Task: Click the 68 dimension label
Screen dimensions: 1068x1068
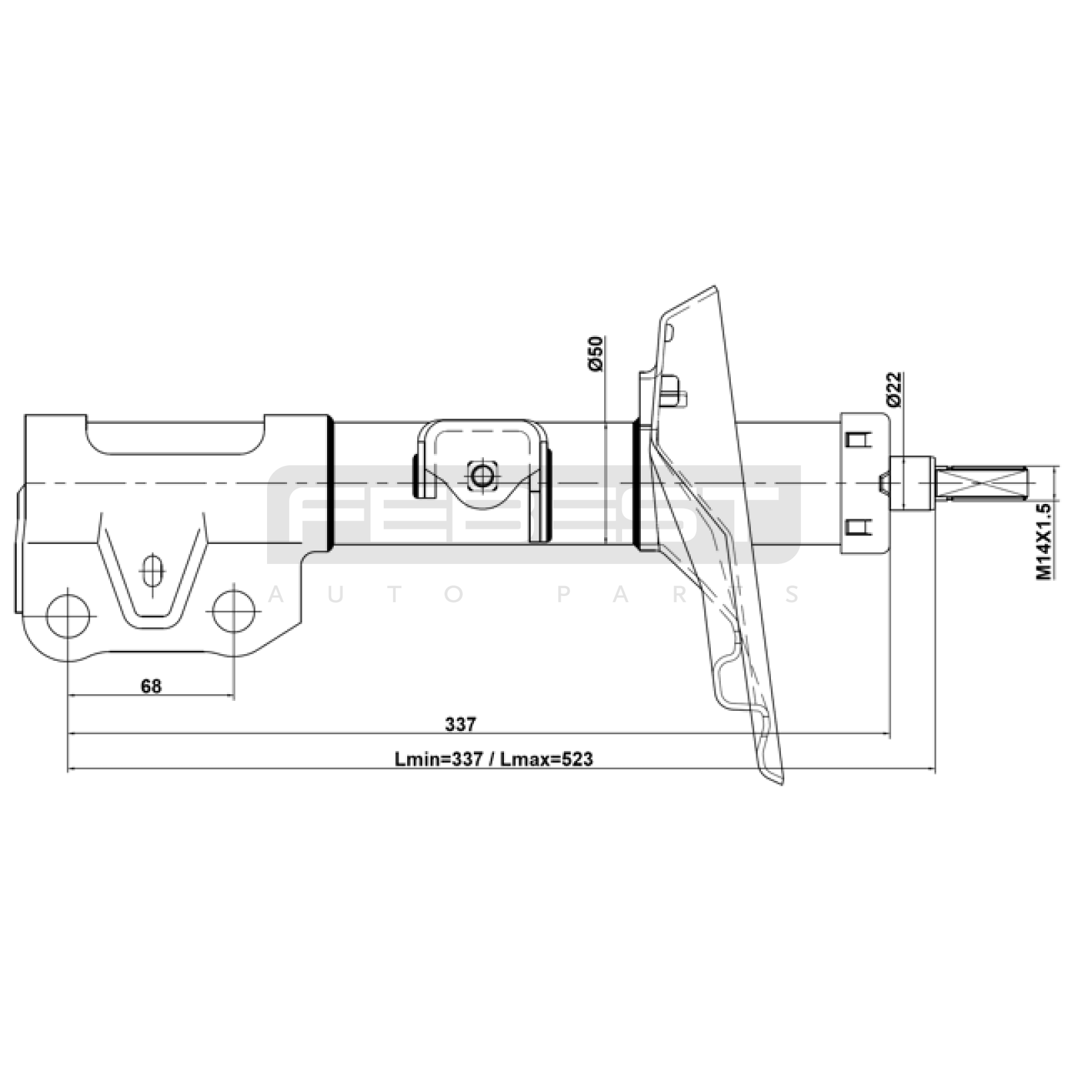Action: [152, 686]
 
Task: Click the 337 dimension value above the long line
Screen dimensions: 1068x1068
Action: [461, 724]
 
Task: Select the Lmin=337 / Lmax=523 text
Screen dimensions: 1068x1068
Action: [493, 759]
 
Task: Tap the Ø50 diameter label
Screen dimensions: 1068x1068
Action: [595, 354]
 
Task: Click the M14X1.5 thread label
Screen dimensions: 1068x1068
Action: [1044, 541]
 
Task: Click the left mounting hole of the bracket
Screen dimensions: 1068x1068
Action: [68, 615]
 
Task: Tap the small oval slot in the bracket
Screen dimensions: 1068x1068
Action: [153, 571]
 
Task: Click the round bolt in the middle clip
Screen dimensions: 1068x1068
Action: [481, 475]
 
